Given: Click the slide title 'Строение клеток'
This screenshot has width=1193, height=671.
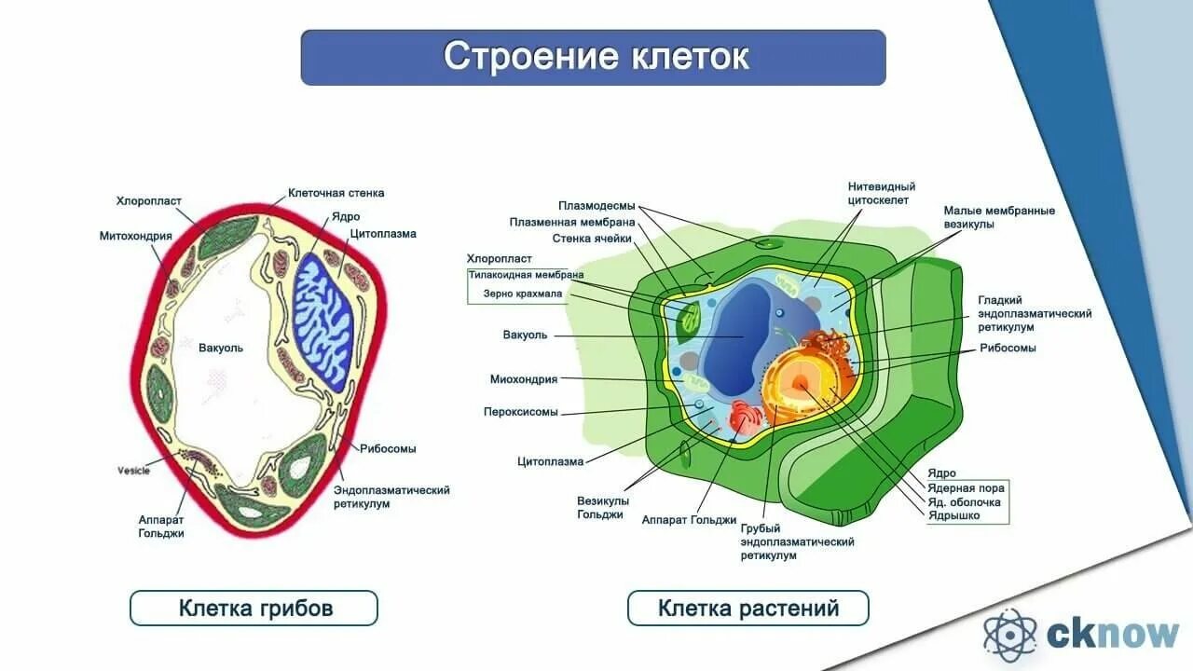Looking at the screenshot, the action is (595, 57).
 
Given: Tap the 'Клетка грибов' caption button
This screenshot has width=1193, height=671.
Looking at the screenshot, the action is (254, 609).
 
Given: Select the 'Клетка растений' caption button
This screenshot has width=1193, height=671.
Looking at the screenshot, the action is (747, 609).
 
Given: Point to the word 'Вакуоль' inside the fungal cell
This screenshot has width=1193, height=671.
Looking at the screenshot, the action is (221, 348).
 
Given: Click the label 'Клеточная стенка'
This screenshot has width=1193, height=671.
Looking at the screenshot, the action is (336, 193).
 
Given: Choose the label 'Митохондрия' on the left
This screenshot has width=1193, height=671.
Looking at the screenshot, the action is (136, 236).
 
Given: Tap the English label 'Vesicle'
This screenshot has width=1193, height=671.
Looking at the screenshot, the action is (133, 470).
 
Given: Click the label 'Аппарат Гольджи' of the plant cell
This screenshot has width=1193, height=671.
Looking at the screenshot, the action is (689, 520).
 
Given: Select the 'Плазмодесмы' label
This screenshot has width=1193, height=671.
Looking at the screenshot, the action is (596, 206).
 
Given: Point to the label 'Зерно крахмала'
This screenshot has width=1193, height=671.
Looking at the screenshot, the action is (523, 294).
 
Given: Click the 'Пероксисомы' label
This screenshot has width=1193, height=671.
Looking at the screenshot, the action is (520, 411).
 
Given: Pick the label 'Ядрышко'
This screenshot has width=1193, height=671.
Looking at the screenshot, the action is (953, 515).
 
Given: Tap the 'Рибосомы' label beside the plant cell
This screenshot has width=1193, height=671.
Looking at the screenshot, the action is (1008, 348).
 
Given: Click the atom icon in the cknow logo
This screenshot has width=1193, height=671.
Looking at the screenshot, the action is (1009, 634).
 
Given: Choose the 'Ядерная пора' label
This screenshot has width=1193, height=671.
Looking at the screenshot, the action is (965, 487).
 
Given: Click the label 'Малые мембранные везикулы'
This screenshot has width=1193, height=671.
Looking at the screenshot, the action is (999, 217).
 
